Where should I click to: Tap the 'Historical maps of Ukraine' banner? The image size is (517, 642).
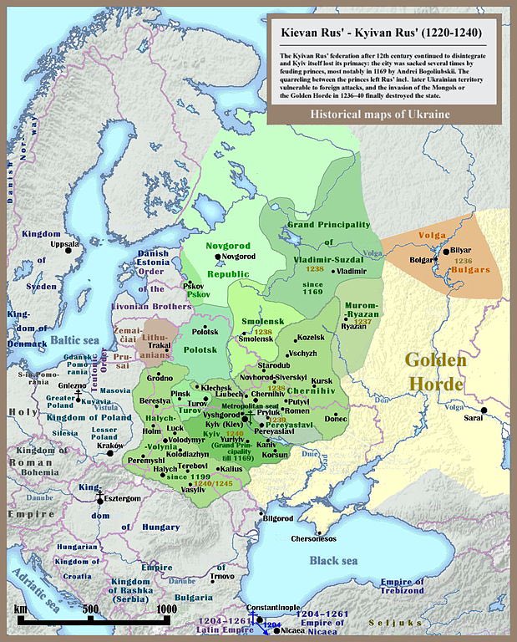click(x=381, y=114)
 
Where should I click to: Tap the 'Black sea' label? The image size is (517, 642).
click(x=336, y=561)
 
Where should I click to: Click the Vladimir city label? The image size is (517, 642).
click(x=352, y=272)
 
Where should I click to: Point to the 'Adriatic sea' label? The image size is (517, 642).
click(x=33, y=591)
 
